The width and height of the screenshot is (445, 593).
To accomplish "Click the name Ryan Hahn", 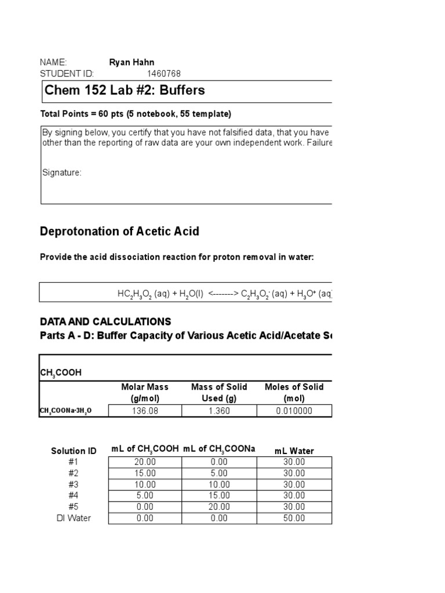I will (x=132, y=63).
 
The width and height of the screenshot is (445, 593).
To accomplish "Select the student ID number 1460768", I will (x=164, y=74).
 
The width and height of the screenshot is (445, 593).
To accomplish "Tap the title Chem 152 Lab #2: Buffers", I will (x=125, y=91).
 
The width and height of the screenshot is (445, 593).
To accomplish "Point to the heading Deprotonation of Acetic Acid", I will (x=119, y=232).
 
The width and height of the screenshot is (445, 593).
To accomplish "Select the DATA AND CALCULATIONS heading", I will (x=105, y=321).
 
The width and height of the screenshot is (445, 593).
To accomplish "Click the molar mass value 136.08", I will (x=145, y=411).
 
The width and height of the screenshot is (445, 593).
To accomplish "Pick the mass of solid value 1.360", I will (x=219, y=411).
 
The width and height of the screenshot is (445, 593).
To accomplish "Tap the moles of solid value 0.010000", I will (x=294, y=411).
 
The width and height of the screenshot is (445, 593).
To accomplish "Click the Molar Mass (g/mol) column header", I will (x=145, y=393).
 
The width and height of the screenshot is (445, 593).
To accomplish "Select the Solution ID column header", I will (x=74, y=451).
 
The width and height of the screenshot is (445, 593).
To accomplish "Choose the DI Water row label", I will (x=74, y=518).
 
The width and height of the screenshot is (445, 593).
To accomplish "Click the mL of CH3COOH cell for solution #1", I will (x=145, y=462).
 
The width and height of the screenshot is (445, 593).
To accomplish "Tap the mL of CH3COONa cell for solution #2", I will (x=219, y=473).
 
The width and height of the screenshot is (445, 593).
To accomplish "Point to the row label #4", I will (x=74, y=496).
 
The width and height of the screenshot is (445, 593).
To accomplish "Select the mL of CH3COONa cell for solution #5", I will (x=219, y=507).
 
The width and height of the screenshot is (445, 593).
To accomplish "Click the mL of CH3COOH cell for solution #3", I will (x=145, y=484).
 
